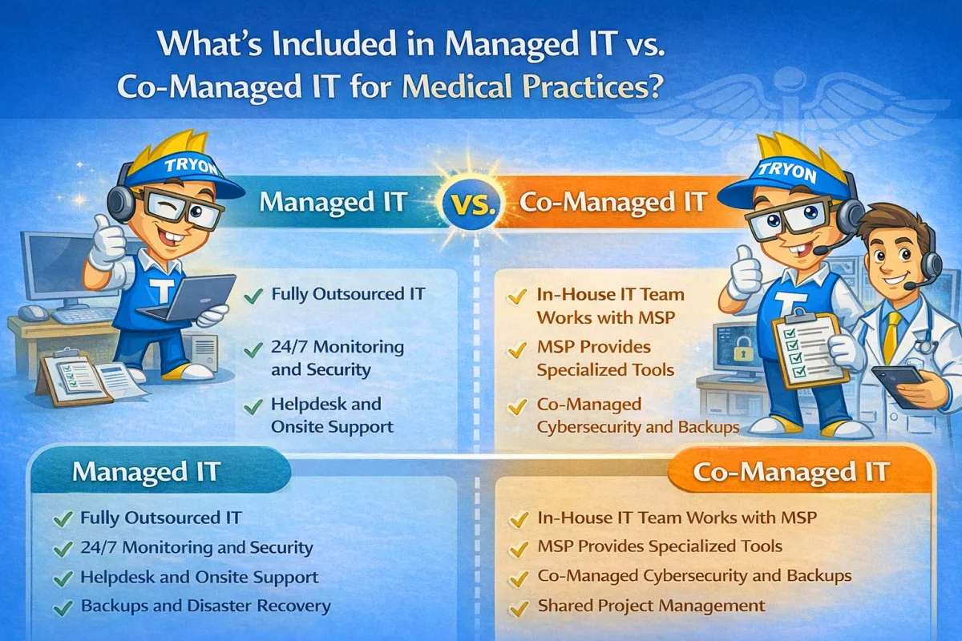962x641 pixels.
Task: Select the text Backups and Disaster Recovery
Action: [x=205, y=606]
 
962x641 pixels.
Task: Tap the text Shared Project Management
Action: [x=651, y=606]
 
